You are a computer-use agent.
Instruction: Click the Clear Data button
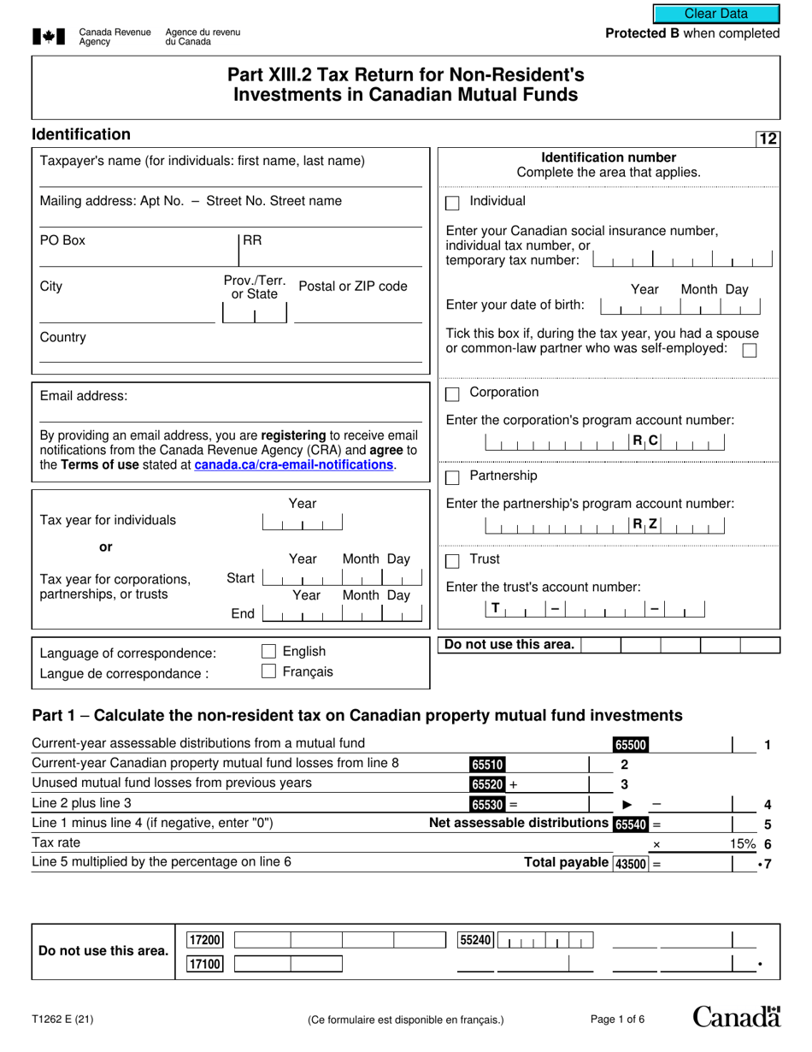716,14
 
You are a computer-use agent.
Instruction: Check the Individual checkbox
453,204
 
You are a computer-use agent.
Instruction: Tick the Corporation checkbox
453,394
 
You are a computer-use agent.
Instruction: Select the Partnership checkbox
453,477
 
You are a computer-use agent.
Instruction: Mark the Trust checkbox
453,561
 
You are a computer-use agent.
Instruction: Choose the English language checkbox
268,652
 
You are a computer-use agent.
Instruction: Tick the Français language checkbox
268,671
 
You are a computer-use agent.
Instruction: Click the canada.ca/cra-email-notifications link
294,465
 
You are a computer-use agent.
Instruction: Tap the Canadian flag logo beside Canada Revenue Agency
49,37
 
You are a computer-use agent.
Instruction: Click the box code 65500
630,745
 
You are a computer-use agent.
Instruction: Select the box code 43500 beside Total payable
631,864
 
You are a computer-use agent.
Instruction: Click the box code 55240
476,940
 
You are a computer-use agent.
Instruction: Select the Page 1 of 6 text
618,1019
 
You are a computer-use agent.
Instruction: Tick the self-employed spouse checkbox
750,350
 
